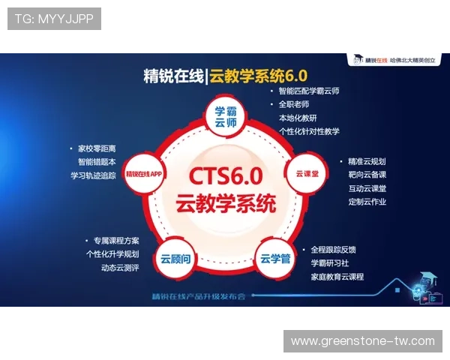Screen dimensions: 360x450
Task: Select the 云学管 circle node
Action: (x=274, y=259)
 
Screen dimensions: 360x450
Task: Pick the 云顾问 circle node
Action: (x=175, y=259)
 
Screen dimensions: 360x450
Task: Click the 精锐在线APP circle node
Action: (x=145, y=173)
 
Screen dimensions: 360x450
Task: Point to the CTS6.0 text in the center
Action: (x=225, y=177)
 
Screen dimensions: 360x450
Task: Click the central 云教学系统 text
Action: (x=225, y=203)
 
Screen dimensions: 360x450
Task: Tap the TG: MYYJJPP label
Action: (x=54, y=18)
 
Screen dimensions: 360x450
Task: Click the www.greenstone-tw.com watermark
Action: (x=363, y=341)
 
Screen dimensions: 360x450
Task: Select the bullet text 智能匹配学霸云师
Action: (x=308, y=91)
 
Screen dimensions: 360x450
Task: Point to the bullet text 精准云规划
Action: (x=367, y=161)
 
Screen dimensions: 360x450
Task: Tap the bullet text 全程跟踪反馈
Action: (x=333, y=249)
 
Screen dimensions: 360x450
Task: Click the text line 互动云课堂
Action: (x=367, y=188)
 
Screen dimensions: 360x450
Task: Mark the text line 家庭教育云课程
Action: (x=337, y=277)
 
